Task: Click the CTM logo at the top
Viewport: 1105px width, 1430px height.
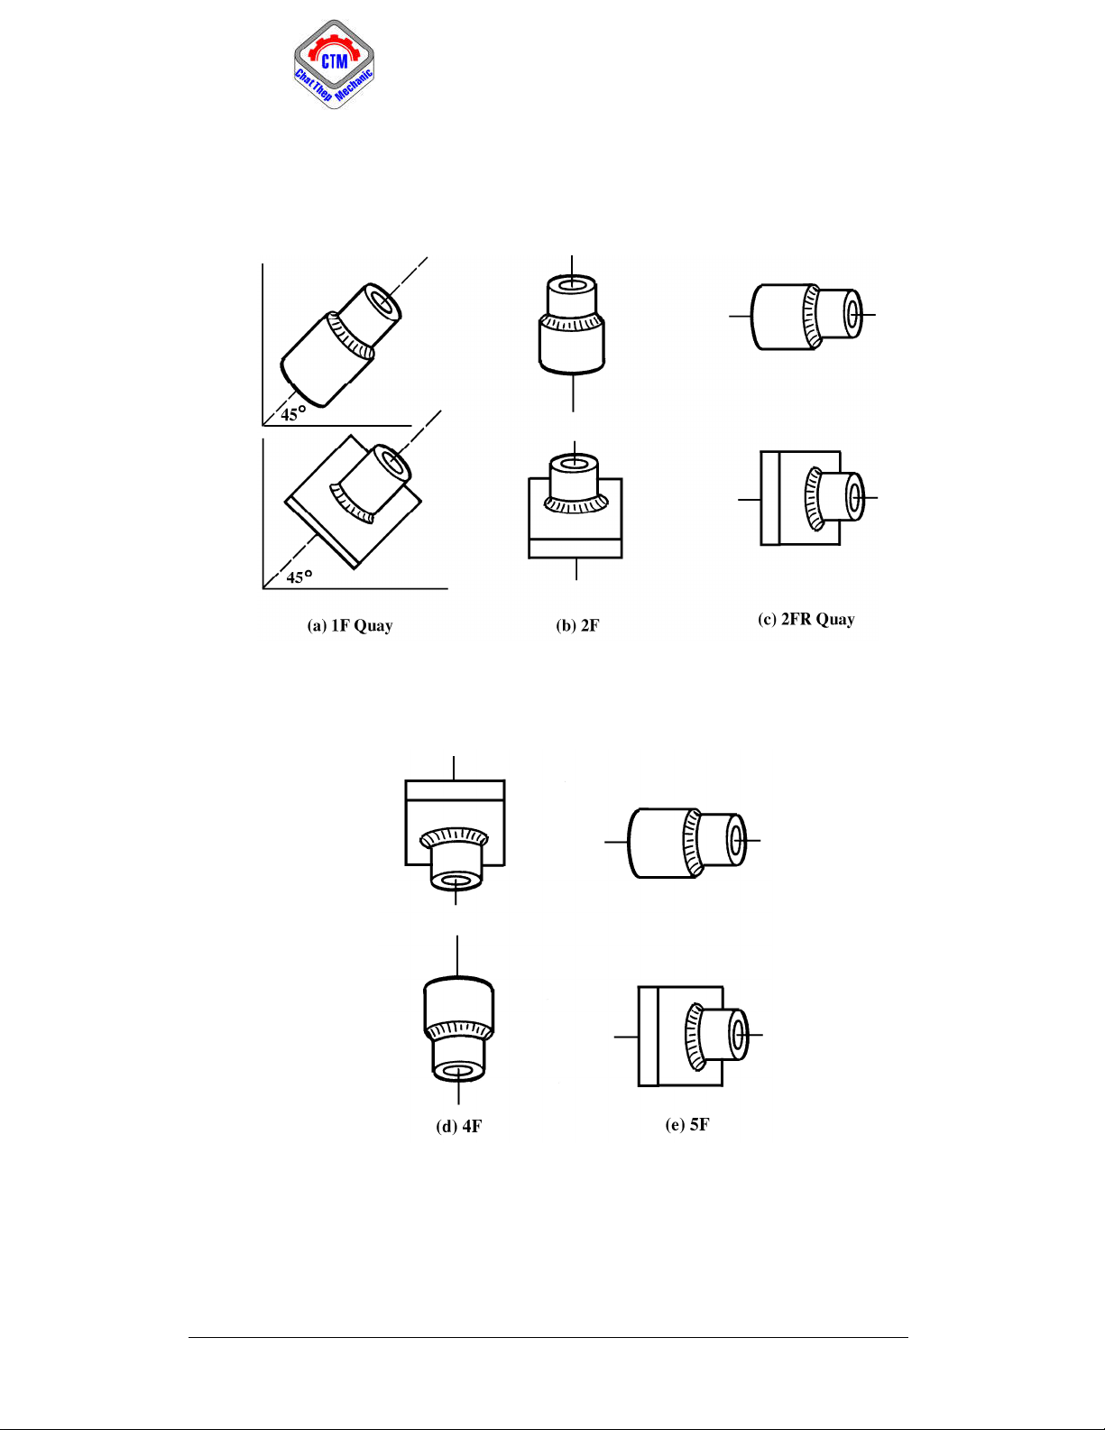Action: [x=334, y=64]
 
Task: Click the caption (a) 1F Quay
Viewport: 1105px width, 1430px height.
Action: [x=350, y=625]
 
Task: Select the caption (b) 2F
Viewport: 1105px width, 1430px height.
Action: [x=577, y=625]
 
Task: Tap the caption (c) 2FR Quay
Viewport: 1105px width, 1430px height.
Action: [x=806, y=619]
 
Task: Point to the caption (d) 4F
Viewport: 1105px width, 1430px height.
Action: [x=458, y=1126]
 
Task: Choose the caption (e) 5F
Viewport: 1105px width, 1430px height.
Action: [x=687, y=1125]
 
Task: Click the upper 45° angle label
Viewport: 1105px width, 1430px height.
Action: [x=293, y=414]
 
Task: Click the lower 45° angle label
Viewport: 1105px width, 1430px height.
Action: [x=299, y=577]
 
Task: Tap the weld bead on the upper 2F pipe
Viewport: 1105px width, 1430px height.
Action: [x=572, y=322]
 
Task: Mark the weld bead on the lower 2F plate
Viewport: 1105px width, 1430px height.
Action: [x=576, y=504]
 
